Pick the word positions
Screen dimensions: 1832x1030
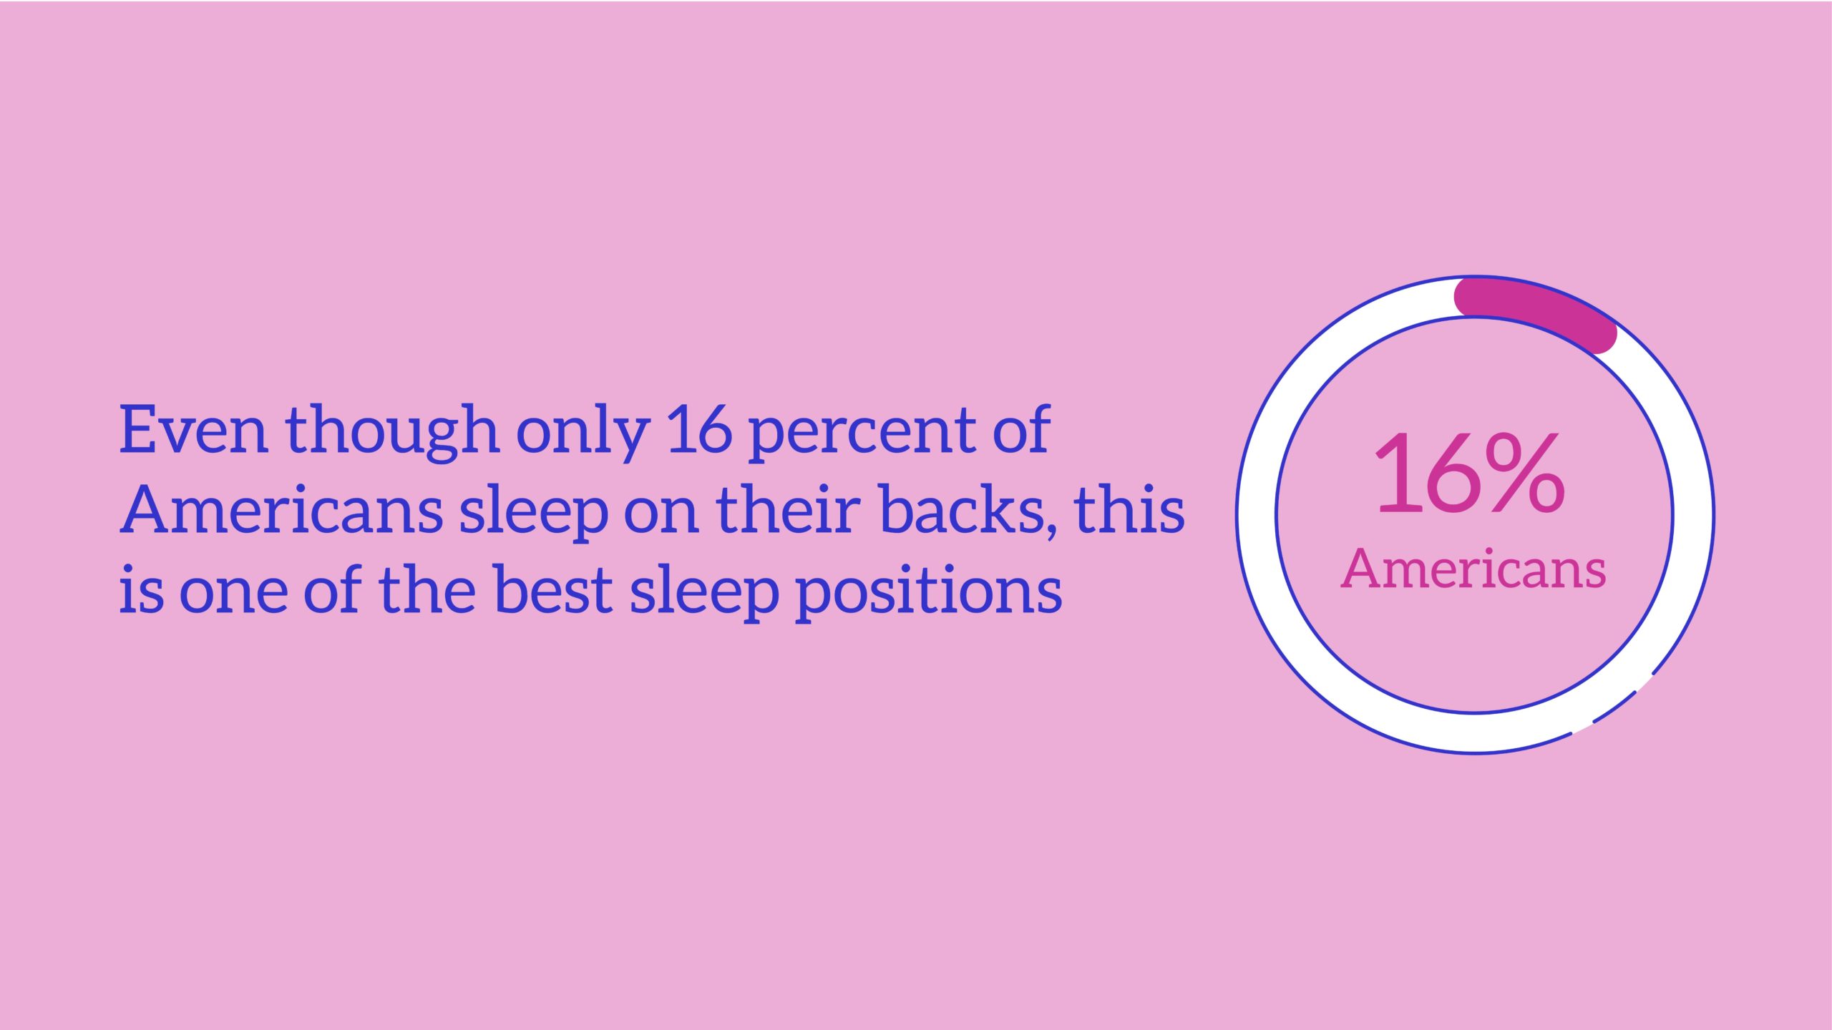[x=929, y=592]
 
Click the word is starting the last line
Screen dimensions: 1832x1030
[x=141, y=589]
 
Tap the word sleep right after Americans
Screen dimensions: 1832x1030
[x=533, y=512]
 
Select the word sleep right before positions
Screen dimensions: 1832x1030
[x=704, y=592]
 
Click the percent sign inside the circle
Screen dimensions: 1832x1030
[x=1525, y=472]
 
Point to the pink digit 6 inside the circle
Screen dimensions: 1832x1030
[x=1447, y=474]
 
